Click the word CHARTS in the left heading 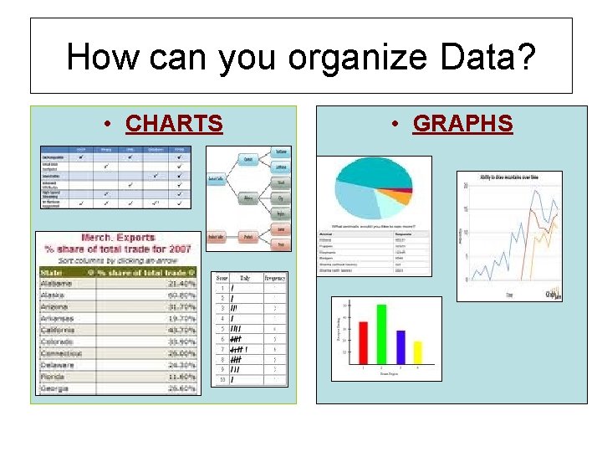(x=174, y=124)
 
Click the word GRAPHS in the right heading (x=462, y=124)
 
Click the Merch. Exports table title (x=117, y=239)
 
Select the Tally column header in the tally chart (x=244, y=277)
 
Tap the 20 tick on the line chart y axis (x=465, y=186)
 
